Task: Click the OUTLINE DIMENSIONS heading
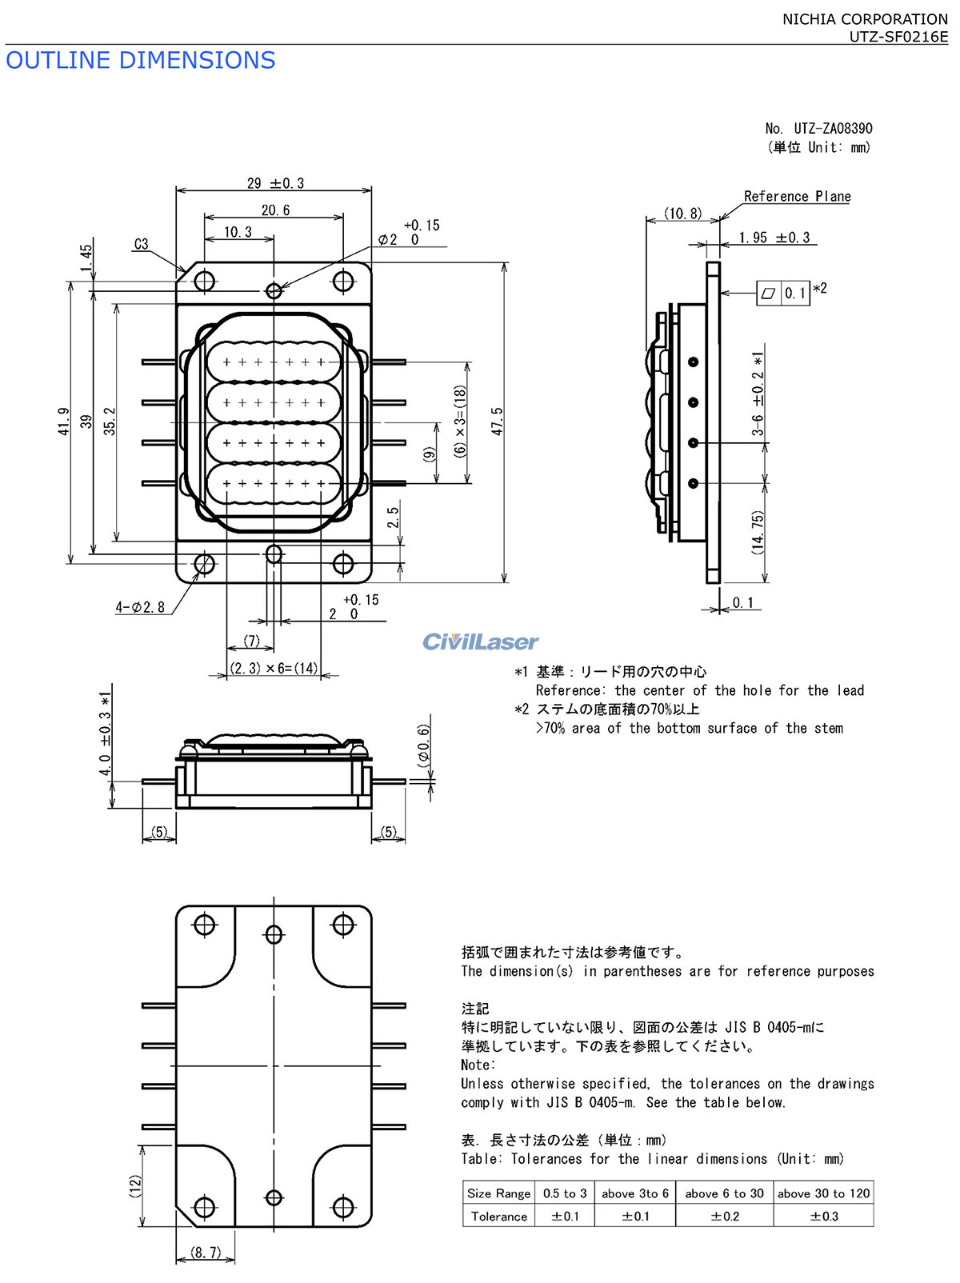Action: (x=140, y=60)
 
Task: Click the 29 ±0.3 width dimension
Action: (x=275, y=183)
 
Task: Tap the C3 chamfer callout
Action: (x=142, y=244)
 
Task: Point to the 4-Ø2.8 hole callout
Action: (x=140, y=607)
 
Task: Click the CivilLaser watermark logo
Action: (x=480, y=641)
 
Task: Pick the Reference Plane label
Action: (x=797, y=197)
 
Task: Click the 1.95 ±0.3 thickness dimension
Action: (x=774, y=238)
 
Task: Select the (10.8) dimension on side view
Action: (x=682, y=214)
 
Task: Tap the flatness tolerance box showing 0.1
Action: (x=783, y=293)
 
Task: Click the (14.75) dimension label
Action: (x=758, y=532)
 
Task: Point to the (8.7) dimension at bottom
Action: (x=206, y=1252)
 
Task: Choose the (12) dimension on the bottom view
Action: (x=135, y=1186)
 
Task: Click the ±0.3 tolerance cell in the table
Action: (x=824, y=1216)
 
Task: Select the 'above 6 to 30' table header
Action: (x=724, y=1193)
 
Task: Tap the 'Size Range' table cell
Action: (x=498, y=1193)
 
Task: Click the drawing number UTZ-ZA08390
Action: (x=833, y=128)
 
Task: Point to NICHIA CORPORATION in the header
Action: (x=866, y=19)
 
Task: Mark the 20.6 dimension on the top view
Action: (x=275, y=210)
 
